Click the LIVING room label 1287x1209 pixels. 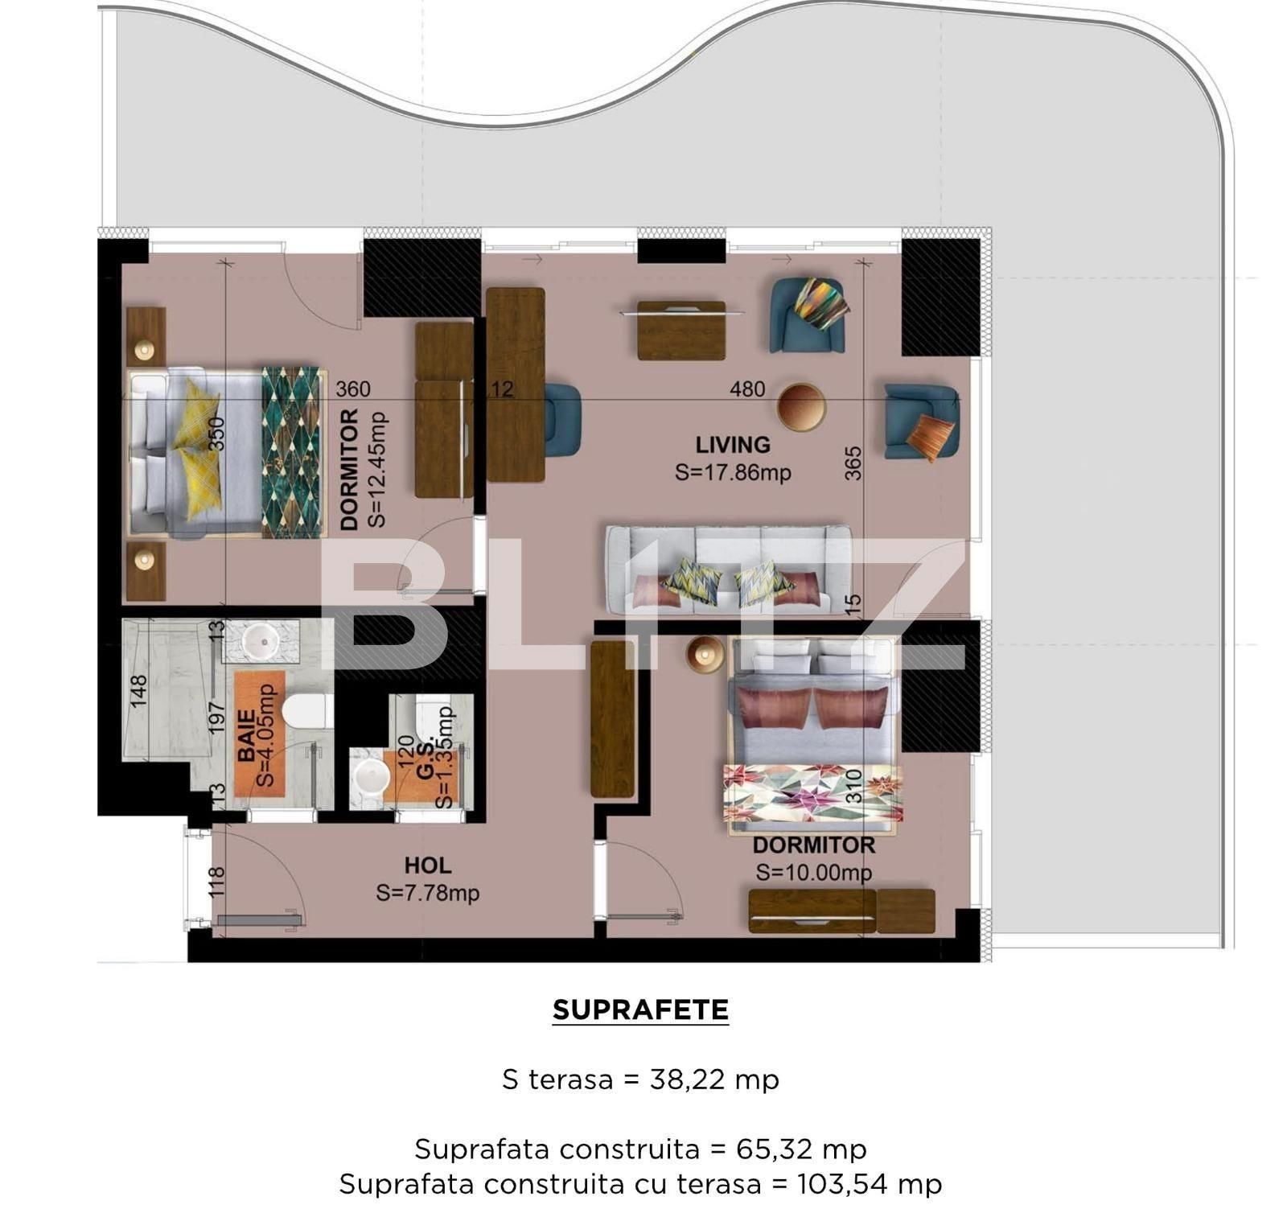point(732,445)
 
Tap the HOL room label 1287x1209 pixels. point(427,866)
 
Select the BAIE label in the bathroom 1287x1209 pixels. point(246,734)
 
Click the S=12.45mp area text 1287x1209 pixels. point(376,470)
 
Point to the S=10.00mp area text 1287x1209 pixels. point(813,873)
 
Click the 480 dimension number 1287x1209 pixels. point(746,389)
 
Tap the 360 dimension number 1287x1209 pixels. point(352,389)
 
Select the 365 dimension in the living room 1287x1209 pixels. point(853,463)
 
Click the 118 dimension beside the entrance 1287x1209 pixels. point(216,882)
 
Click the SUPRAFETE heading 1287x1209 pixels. point(640,1010)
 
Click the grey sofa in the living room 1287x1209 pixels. point(728,569)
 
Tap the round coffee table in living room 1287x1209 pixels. point(801,407)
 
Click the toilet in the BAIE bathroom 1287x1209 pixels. point(307,711)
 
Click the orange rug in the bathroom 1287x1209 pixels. point(259,734)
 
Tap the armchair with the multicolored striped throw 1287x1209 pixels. point(808,315)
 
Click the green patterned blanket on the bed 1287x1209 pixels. point(291,453)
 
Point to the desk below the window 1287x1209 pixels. point(681,331)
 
